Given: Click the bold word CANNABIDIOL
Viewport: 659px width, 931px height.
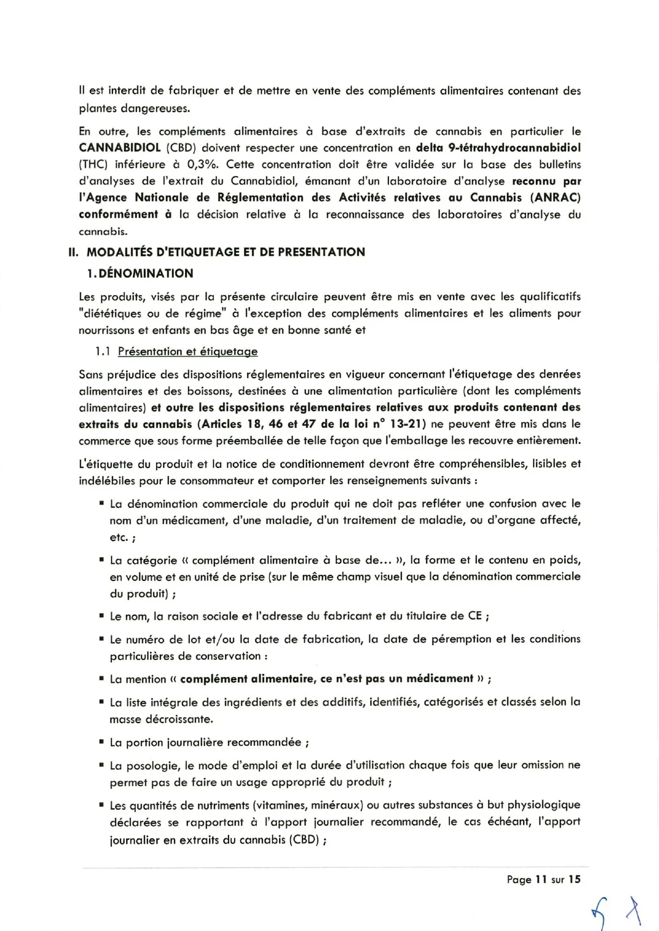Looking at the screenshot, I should tap(119, 147).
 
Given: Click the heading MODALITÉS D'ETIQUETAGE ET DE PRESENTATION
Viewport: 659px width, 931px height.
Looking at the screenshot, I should tap(225, 252).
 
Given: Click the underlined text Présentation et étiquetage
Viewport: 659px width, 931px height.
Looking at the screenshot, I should tap(188, 351).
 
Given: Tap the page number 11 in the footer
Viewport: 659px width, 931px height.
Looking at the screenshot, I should tap(541, 880).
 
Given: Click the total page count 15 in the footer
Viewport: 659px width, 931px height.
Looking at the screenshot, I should tap(575, 880).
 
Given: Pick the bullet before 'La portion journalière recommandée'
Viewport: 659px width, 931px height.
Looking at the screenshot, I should tap(101, 742).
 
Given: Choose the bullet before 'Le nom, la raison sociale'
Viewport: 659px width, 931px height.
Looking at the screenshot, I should tap(101, 615).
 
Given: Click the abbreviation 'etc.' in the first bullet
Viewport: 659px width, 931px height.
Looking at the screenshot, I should tap(119, 537).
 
